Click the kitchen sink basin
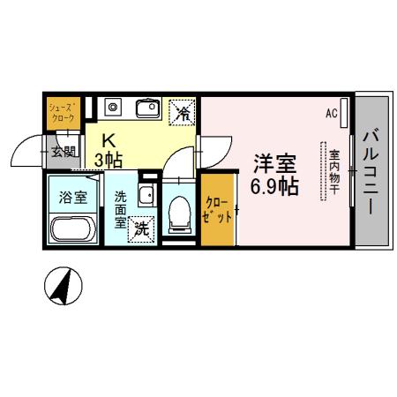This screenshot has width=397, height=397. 146,110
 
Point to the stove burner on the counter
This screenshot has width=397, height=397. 112,109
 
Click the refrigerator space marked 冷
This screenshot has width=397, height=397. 184,111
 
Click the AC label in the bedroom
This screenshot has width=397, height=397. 332,114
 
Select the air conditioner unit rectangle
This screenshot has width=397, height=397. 344,112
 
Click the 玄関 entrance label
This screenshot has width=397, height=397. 63,151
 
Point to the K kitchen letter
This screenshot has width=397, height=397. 109,139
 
